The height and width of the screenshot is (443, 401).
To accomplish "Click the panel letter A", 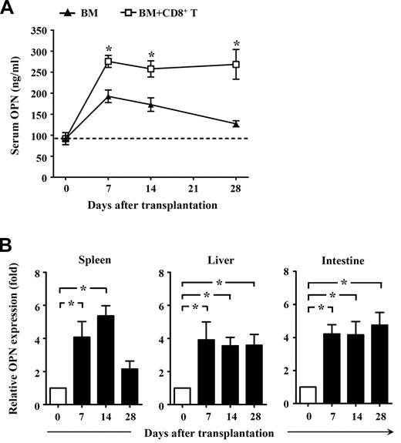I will (8, 8).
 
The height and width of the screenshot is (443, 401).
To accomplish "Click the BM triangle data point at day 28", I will (236, 123).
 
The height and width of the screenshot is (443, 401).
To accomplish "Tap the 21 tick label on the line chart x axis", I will (194, 187).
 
